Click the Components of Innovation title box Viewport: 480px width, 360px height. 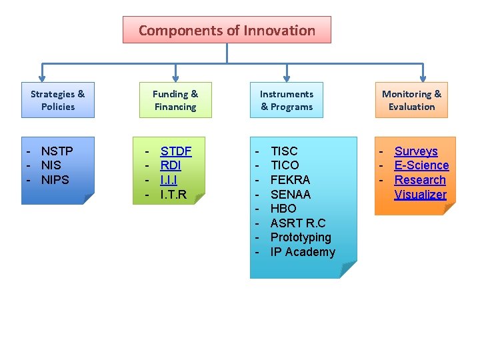point(227,30)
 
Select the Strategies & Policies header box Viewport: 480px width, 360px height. point(58,100)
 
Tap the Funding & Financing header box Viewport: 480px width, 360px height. point(175,100)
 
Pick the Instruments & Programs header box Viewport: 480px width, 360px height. point(287,100)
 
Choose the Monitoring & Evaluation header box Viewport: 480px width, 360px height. point(411,100)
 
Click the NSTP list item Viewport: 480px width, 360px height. point(57,151)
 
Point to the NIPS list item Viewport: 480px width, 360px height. point(55,180)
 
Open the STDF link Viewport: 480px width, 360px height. point(176,151)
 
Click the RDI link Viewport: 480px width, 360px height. point(171,165)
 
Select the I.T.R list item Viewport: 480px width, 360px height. point(173,195)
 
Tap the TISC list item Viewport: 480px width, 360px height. point(284,151)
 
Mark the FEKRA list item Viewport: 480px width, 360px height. point(290,180)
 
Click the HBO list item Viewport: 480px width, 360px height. point(283,209)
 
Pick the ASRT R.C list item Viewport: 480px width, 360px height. point(297,223)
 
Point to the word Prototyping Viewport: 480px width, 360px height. point(301,237)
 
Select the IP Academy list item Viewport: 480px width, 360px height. point(303,252)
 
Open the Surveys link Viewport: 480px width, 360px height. point(416,151)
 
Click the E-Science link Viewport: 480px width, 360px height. point(421,165)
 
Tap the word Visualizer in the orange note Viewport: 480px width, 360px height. point(420,195)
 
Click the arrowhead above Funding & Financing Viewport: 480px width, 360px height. point(175,77)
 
